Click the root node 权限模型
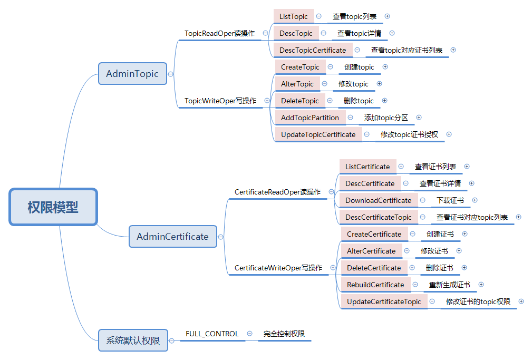pos(53,207)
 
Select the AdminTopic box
pos(132,74)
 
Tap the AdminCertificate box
pos(173,237)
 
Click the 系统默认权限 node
pos(133,340)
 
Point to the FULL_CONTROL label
pos(212,334)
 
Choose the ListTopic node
pos(294,16)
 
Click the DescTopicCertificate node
pos(313,50)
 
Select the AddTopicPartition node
pos(310,118)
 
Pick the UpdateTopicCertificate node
pos(318,134)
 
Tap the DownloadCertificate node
pos(378,200)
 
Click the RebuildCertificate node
pos(375,285)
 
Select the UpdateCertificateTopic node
pos(384,301)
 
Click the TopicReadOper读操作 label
pos(219,33)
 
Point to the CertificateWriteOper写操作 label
pos(278,268)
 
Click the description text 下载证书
pos(450,200)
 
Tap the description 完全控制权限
pos(284,334)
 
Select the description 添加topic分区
pos(386,118)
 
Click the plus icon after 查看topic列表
pos(387,16)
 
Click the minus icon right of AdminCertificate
pos(220,237)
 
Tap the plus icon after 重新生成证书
pos(481,285)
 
